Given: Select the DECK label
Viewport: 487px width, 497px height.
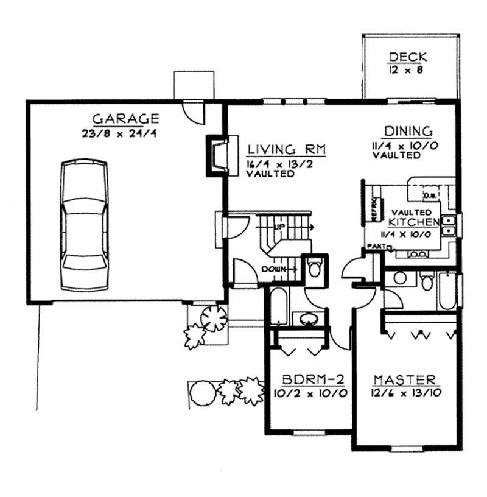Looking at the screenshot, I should pos(408,58).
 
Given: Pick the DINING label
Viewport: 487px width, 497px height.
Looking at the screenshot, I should pos(408,131).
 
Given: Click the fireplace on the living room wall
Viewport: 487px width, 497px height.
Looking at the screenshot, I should pos(217,155).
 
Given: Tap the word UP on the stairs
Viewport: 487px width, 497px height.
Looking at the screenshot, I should pos(280,227).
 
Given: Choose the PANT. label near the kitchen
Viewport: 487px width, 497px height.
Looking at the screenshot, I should pos(376,246).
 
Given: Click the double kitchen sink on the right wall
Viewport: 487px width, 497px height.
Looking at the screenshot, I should pos(449,226).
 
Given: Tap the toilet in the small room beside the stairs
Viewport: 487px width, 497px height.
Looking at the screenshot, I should pos(314,267).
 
